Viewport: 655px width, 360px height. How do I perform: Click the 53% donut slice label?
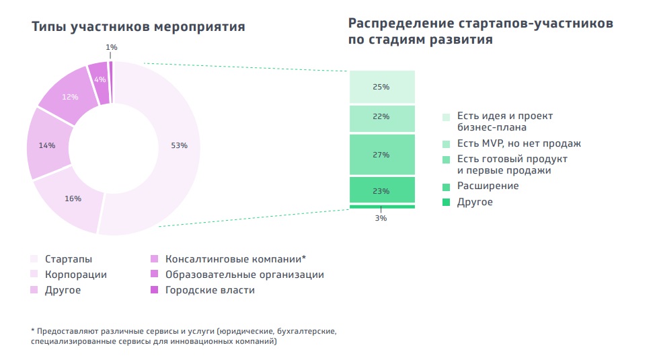pyautogui.click(x=179, y=145)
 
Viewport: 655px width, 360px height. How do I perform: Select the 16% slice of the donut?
pyautogui.click(x=73, y=199)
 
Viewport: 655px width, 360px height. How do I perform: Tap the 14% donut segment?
pyautogui.click(x=46, y=145)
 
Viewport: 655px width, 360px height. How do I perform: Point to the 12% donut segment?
pyautogui.click(x=70, y=97)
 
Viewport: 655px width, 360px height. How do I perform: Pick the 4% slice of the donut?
pyautogui.click(x=100, y=80)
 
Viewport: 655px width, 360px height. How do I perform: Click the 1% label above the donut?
pyautogui.click(x=112, y=47)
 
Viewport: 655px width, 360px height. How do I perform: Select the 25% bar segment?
pyautogui.click(x=381, y=87)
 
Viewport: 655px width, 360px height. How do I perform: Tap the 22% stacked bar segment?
pyautogui.click(x=381, y=116)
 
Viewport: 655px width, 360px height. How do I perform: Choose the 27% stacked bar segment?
pyautogui.click(x=381, y=155)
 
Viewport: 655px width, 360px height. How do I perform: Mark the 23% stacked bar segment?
pyautogui.click(x=381, y=190)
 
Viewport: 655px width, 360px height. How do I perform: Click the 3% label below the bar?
pyautogui.click(x=381, y=218)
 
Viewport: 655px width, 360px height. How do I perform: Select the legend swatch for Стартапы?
pyautogui.click(x=34, y=259)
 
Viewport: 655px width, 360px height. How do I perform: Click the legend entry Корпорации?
pyautogui.click(x=75, y=275)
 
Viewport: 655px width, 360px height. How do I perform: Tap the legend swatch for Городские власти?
pyautogui.click(x=154, y=290)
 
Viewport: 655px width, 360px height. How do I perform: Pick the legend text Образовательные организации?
pyautogui.click(x=244, y=275)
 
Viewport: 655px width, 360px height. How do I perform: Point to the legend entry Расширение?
pyautogui.click(x=488, y=186)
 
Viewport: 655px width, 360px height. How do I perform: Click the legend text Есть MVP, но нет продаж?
pyautogui.click(x=518, y=143)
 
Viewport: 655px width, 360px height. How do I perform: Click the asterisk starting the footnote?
pyautogui.click(x=33, y=331)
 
